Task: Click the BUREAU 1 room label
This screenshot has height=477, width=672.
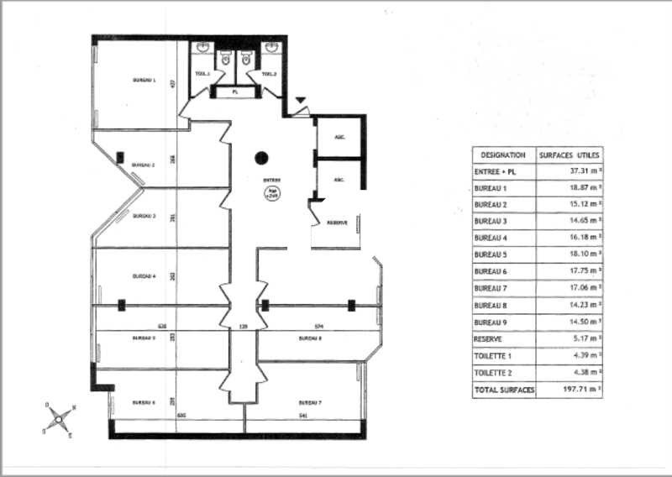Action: click(144, 80)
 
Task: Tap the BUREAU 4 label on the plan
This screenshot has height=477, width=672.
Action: click(144, 275)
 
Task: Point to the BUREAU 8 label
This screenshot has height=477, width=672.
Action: click(310, 338)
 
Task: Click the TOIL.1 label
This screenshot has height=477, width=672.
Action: click(202, 75)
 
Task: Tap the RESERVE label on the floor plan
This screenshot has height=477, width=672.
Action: click(337, 223)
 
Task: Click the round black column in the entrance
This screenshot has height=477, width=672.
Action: click(262, 156)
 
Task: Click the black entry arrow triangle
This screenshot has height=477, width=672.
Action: click(301, 102)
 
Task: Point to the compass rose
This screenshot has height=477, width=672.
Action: click(58, 417)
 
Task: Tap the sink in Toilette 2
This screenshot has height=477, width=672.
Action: click(270, 50)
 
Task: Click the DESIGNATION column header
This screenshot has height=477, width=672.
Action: click(503, 155)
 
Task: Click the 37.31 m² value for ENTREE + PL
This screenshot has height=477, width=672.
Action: click(580, 171)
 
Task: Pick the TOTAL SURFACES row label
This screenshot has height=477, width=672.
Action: click(504, 390)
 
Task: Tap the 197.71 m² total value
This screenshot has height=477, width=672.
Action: click(580, 390)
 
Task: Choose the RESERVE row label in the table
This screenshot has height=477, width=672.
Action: click(488, 339)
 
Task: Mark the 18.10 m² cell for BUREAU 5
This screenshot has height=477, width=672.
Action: click(580, 255)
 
